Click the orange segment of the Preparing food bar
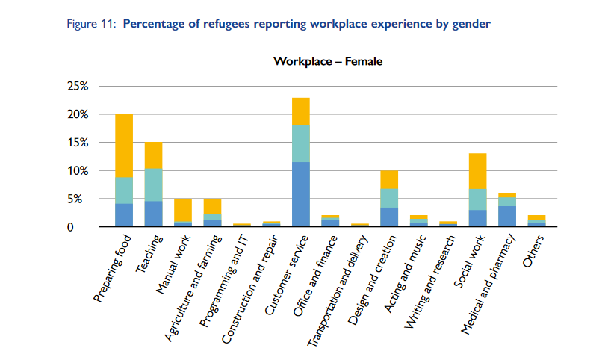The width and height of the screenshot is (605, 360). tap(124, 146)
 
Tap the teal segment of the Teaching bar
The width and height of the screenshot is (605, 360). tap(153, 184)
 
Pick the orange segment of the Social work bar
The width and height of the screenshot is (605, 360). tap(478, 171)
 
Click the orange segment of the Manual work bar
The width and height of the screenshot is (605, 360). tap(182, 210)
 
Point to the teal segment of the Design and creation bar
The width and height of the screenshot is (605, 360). tap(389, 198)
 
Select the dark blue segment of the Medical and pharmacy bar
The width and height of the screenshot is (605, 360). tap(507, 216)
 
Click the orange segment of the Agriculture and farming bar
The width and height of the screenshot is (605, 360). tap(212, 206)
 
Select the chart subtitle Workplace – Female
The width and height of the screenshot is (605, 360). tap(328, 61)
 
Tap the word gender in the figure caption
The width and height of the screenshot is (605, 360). tap(472, 24)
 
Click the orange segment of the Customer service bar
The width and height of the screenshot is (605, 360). tap(301, 111)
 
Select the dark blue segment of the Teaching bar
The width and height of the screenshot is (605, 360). tap(153, 214)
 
